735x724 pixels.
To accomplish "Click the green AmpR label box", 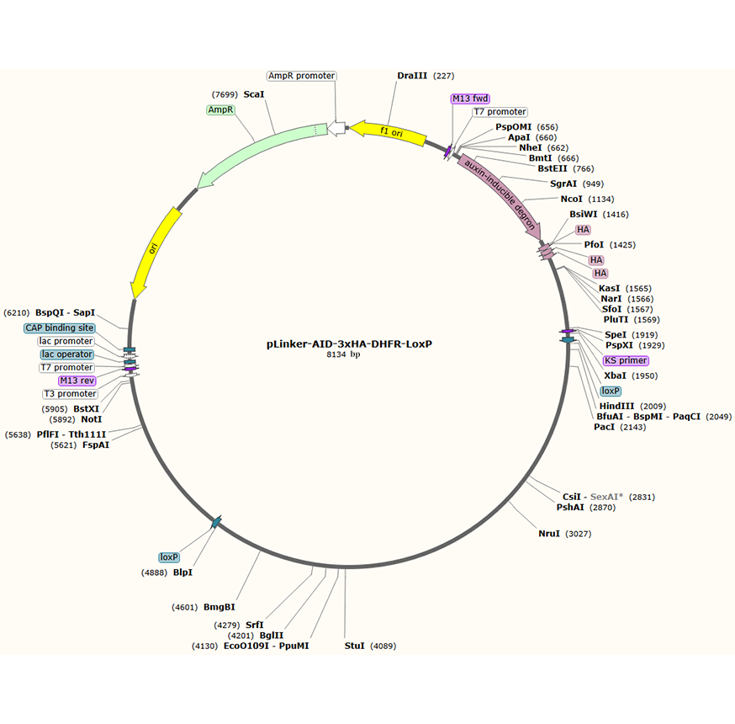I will coord(220,110).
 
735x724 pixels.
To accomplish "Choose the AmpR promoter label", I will coord(302,76).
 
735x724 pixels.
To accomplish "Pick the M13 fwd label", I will coord(470,98).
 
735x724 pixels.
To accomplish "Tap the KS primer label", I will coord(626,360).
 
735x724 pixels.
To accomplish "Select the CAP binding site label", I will coord(60,327).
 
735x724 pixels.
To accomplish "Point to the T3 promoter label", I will coord(70,394).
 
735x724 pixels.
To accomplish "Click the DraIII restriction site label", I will coord(412,76).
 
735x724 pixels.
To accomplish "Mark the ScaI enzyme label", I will coord(254,94).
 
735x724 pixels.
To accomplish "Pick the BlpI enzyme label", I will coord(182,572).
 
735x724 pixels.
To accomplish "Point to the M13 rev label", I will coord(77,381).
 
